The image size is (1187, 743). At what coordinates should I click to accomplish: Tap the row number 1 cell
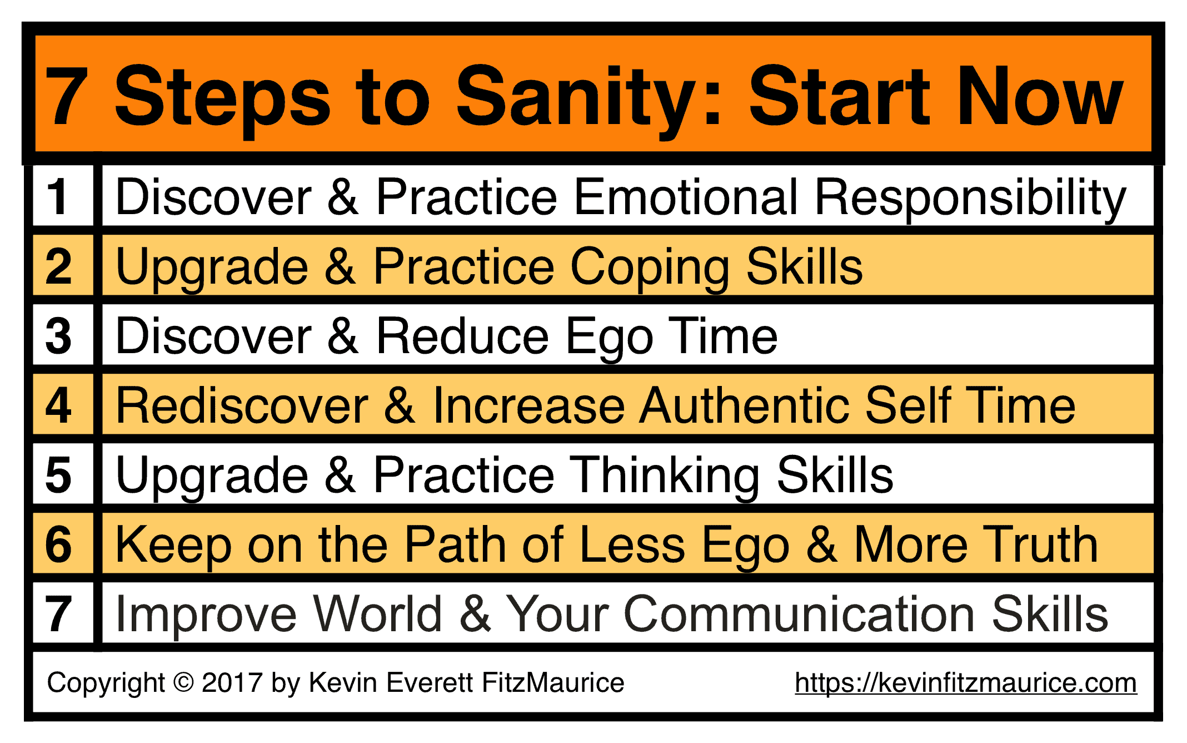pyautogui.click(x=63, y=196)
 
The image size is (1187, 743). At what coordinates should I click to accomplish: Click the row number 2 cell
pyautogui.click(x=63, y=265)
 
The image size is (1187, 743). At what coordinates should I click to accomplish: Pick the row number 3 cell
pyautogui.click(x=63, y=335)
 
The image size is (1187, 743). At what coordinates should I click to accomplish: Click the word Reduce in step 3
pyautogui.click(x=463, y=336)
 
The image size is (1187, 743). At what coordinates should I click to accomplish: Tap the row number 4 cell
pyautogui.click(x=63, y=404)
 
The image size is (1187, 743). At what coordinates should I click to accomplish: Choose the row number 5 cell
pyautogui.click(x=63, y=474)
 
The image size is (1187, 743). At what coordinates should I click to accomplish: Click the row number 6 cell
pyautogui.click(x=63, y=543)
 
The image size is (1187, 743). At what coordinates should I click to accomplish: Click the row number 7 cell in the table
pyautogui.click(x=63, y=613)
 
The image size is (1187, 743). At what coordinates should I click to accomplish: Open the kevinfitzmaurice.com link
pyautogui.click(x=966, y=683)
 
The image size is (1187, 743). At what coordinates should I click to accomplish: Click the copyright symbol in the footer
pyautogui.click(x=183, y=682)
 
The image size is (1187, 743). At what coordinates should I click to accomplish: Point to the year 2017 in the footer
pyautogui.click(x=232, y=682)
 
